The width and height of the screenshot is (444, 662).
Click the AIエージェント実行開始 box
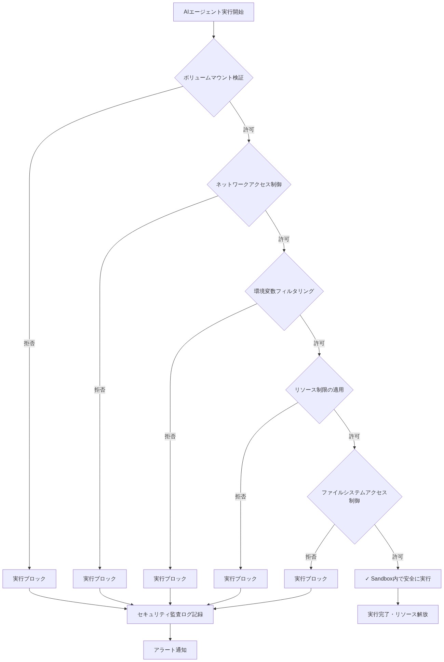pos(213,12)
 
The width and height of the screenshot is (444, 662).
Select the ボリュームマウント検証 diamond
pos(214,78)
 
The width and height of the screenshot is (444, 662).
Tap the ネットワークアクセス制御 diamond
pos(249,184)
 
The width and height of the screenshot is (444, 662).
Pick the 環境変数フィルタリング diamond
pos(284,291)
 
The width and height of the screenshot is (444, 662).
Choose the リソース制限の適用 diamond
pos(319,390)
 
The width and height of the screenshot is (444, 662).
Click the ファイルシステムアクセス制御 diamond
pos(354,497)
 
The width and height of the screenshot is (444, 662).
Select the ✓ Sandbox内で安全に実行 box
pos(398,579)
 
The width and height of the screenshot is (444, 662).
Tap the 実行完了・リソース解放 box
pos(398,614)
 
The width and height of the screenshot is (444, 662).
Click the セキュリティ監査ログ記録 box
pos(170,614)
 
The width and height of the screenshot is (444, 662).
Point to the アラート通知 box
pos(170,650)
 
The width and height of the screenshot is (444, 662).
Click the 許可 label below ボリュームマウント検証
pos(249,130)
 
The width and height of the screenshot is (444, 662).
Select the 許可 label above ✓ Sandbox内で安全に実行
pos(398,557)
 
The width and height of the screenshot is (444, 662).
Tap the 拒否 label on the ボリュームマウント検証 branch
pos(29,343)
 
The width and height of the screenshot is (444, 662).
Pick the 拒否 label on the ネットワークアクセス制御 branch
pos(100,390)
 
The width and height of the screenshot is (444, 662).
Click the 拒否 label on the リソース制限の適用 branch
pos(241,497)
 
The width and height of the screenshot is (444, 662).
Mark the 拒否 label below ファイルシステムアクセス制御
pos(311,557)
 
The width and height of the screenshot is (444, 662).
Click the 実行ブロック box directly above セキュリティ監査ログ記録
pos(170,579)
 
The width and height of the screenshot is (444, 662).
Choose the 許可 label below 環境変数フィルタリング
pos(319,343)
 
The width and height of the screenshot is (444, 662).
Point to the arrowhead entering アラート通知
pos(170,639)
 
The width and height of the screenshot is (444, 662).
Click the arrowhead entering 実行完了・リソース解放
pos(398,603)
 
